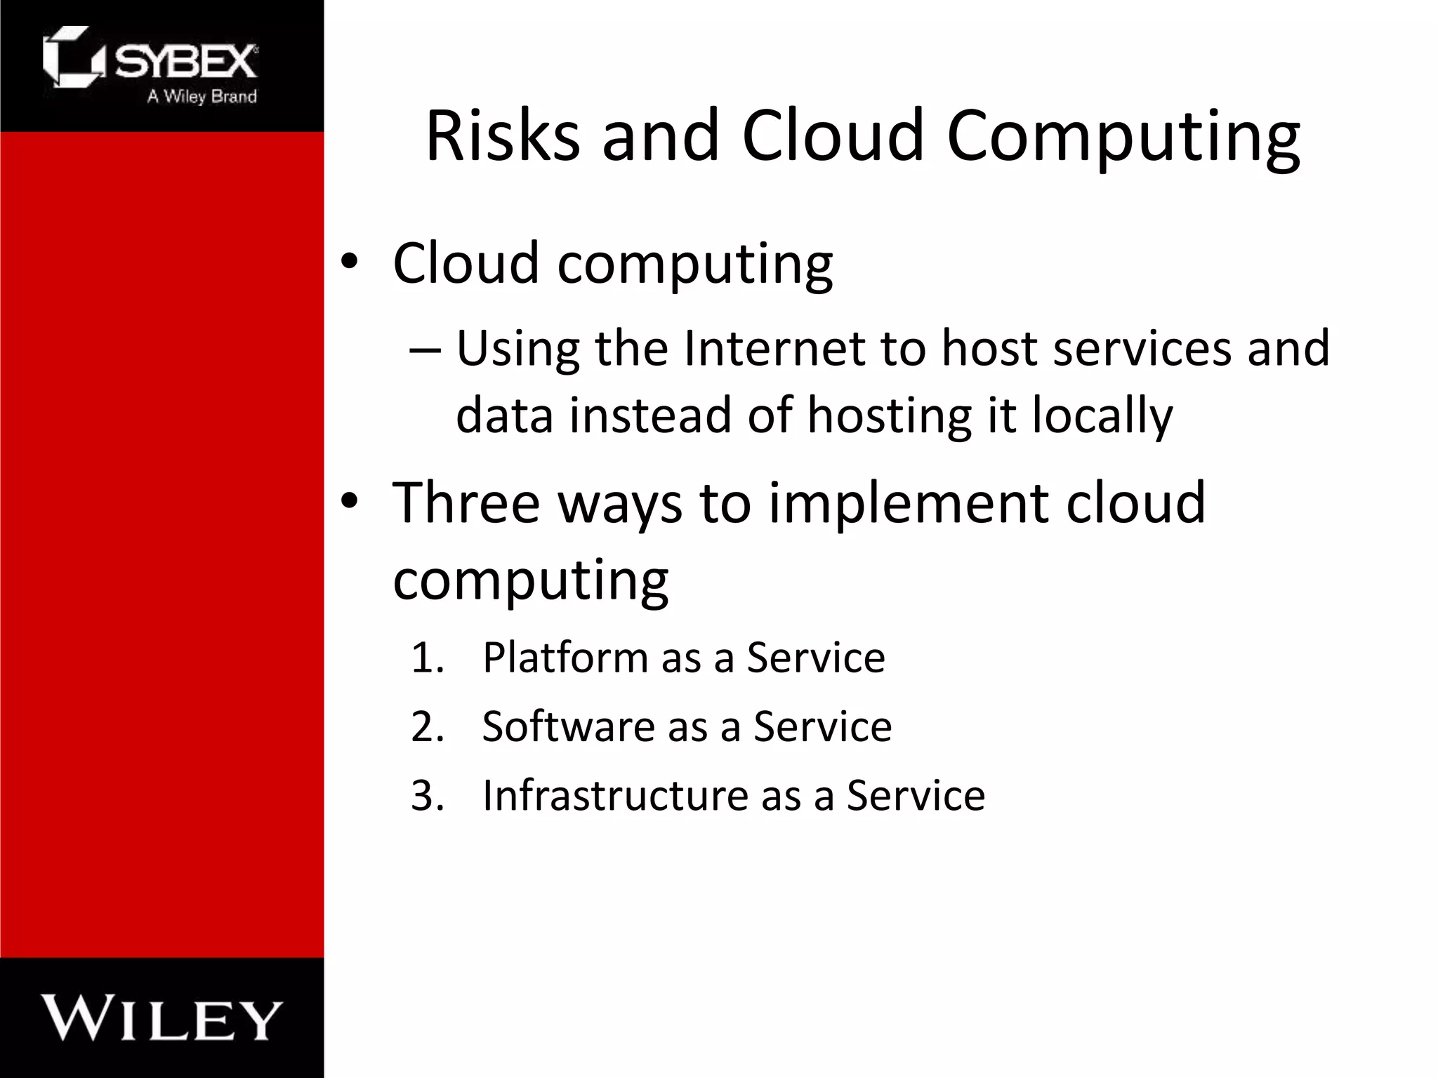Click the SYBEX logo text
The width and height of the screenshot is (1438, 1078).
click(x=185, y=62)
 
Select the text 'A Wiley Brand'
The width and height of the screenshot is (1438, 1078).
click(x=202, y=96)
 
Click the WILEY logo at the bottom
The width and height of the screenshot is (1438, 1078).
click(x=161, y=1018)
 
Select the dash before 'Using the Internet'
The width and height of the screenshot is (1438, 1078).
click(x=426, y=348)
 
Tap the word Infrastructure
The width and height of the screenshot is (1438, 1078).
click(x=615, y=795)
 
